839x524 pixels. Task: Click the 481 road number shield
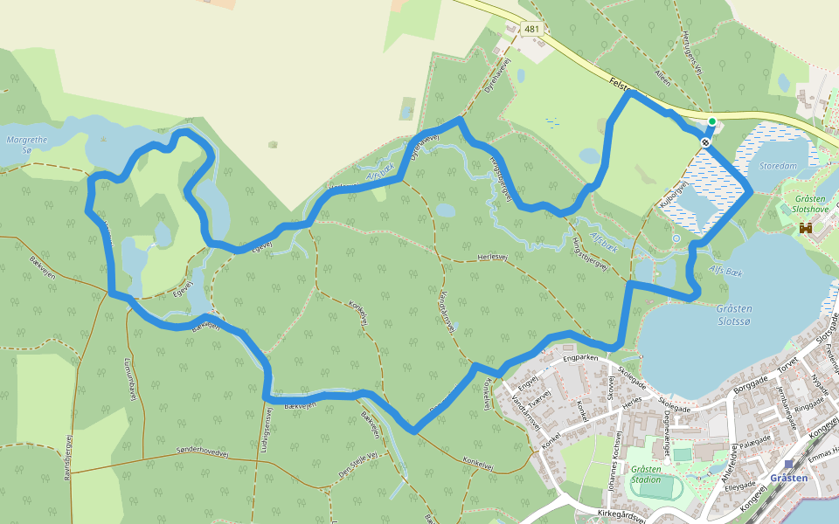coord(532,29)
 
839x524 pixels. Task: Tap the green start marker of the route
coord(712,121)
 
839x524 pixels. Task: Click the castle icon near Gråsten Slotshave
coord(806,228)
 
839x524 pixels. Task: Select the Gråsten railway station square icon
coord(789,465)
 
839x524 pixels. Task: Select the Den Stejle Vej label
coord(358,464)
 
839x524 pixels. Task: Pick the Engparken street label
coord(580,358)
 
